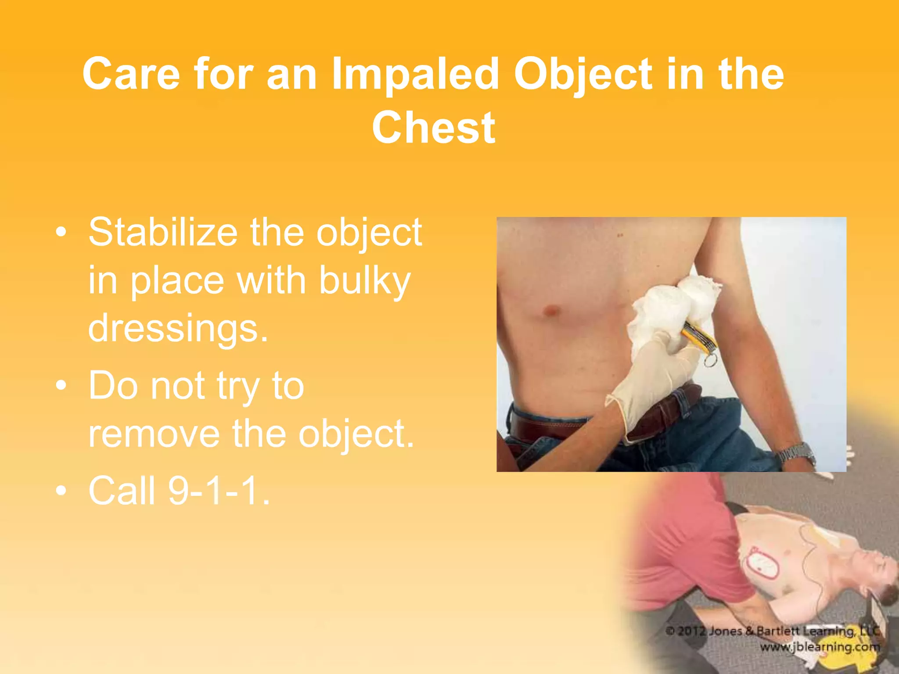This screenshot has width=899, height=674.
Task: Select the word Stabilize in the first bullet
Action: [x=163, y=232]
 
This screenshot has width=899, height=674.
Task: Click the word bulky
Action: [x=365, y=280]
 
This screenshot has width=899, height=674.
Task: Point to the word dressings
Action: [x=178, y=328]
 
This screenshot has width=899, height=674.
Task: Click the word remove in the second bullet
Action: [x=154, y=434]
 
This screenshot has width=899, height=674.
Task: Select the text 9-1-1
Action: [x=219, y=491]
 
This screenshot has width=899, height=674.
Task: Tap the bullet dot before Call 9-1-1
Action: [x=61, y=491]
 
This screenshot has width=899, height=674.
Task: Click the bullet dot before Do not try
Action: [x=61, y=386]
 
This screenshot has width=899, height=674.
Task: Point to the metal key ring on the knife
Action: [x=710, y=361]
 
